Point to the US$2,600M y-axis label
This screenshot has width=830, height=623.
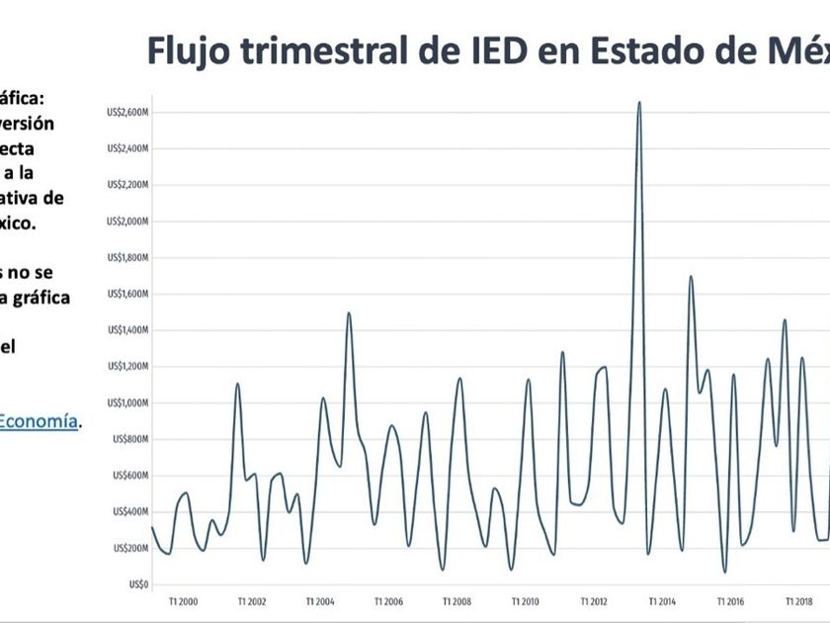point(128,113)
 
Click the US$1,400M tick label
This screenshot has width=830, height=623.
point(128,330)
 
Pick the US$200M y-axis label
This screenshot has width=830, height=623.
point(130,548)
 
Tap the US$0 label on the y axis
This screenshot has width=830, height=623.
point(138,584)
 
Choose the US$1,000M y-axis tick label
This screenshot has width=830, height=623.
point(128,402)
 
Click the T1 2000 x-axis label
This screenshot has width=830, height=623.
point(183,601)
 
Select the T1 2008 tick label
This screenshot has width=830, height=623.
point(457,601)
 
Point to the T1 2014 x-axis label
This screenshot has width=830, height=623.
point(663,601)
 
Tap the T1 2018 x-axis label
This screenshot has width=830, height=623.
point(799,601)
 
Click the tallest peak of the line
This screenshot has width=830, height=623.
point(639,102)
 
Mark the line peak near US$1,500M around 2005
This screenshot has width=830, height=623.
point(349,313)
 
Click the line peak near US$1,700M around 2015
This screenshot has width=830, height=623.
point(691,277)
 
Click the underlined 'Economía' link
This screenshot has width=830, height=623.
point(38,420)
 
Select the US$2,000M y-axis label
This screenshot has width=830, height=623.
point(128,222)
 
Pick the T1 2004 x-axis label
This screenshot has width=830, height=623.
point(320,601)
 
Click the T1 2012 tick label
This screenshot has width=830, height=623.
point(595,601)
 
